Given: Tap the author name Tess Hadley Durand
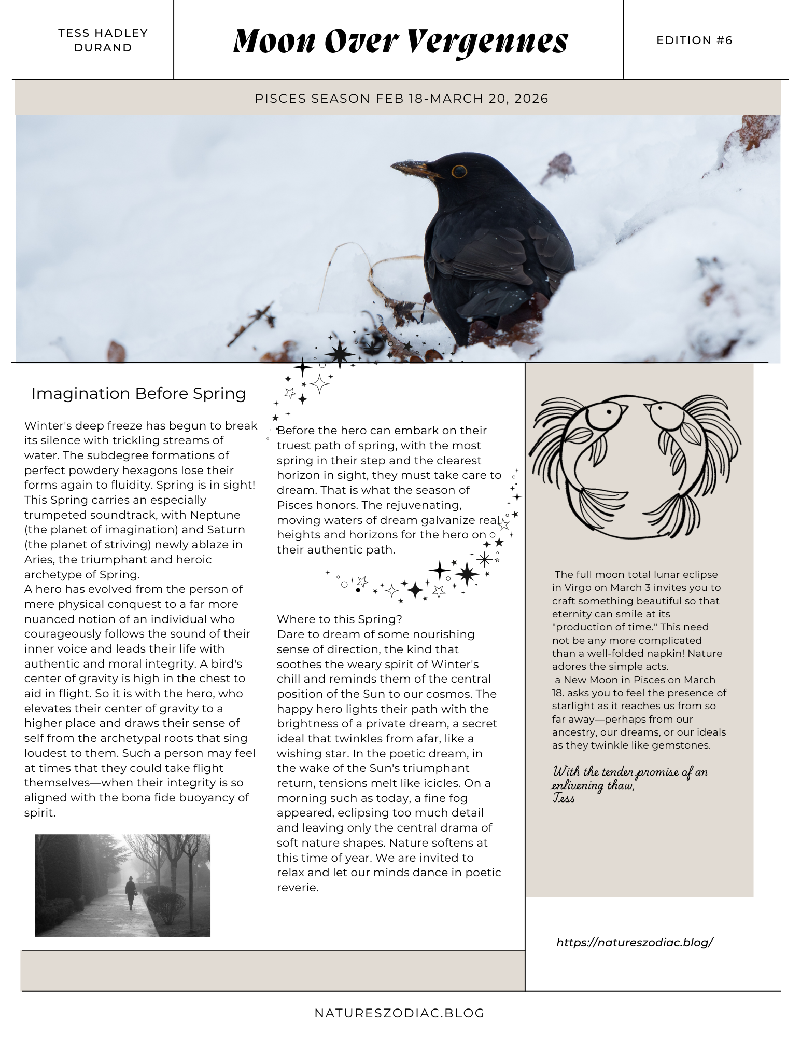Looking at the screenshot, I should [103, 40].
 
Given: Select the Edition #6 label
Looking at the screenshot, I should [694, 40].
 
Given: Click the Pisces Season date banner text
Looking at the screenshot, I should [401, 99].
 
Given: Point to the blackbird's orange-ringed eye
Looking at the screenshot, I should [458, 172].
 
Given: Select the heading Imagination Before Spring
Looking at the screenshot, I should [138, 394].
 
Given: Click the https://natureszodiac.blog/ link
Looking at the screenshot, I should [635, 942].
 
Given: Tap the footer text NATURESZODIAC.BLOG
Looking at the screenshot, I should [400, 1013].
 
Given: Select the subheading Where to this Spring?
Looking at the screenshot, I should [339, 619].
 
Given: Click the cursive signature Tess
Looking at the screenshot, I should [564, 798].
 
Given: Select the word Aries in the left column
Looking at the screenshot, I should [38, 560].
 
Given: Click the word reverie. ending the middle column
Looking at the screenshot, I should [297, 888].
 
